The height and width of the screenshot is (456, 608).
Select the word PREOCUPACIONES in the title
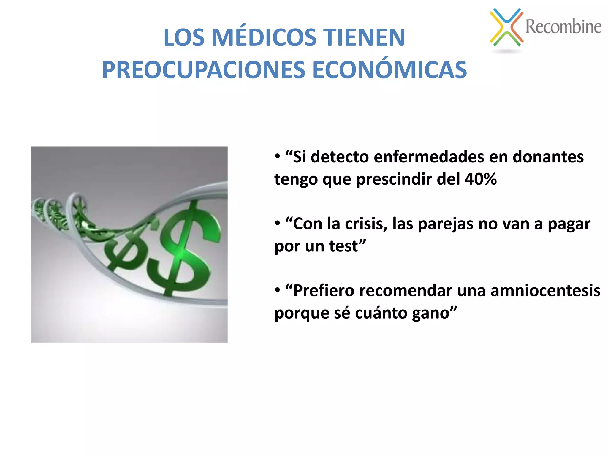[203, 70]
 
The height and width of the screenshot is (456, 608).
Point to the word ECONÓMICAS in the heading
[389, 70]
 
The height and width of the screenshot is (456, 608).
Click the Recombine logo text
[563, 26]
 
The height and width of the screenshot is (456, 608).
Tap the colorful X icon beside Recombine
[506, 27]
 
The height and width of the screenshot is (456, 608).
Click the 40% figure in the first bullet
[481, 179]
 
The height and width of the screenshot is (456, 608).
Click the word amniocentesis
[545, 290]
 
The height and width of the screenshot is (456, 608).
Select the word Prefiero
[324, 290]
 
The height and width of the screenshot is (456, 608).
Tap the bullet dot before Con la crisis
[277, 223]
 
